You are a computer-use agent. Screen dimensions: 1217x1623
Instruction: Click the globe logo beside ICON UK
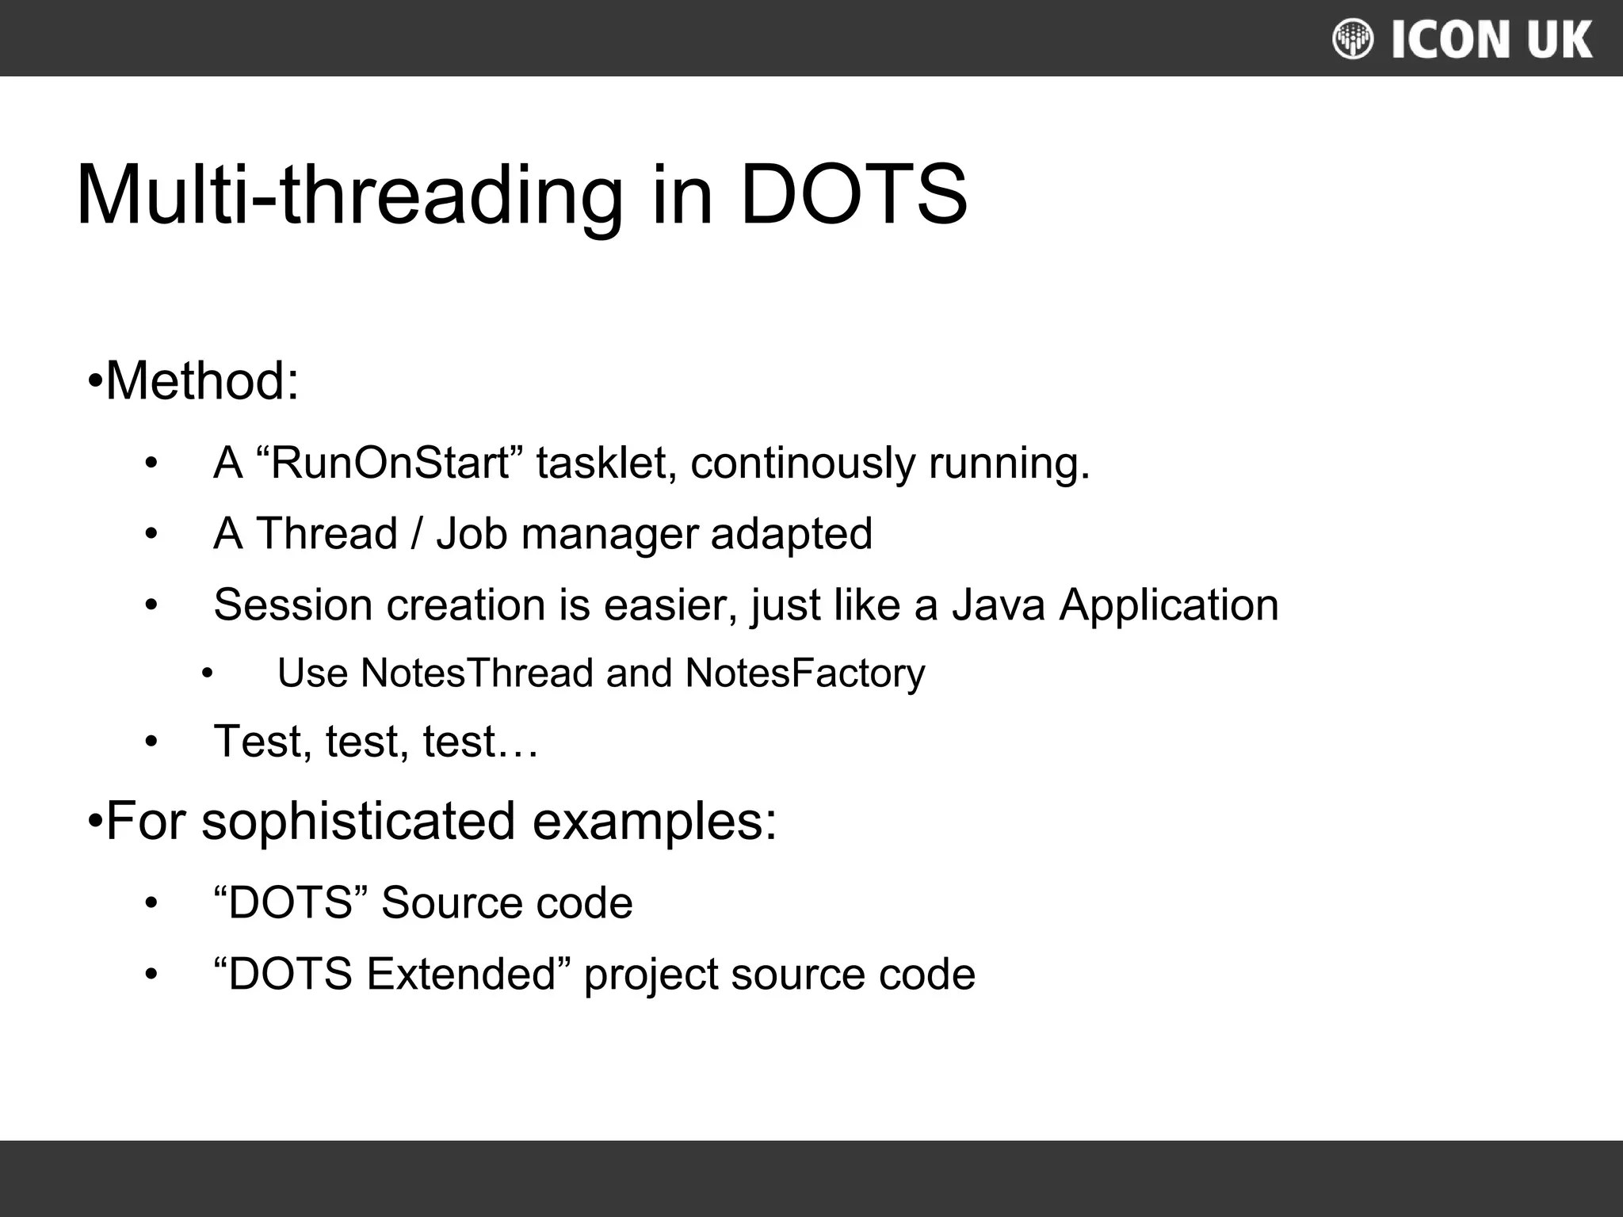coord(1352,39)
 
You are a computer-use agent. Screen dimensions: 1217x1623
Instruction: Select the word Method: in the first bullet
coord(202,381)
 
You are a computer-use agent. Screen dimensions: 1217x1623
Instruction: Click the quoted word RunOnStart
coord(390,463)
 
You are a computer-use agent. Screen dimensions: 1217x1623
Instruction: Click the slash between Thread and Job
coord(417,533)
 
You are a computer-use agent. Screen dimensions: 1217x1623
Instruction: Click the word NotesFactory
coord(804,673)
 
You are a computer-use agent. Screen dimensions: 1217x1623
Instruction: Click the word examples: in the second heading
coord(655,822)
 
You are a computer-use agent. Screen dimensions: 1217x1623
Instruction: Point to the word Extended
coord(460,974)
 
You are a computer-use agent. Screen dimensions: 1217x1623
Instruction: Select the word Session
coord(293,605)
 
